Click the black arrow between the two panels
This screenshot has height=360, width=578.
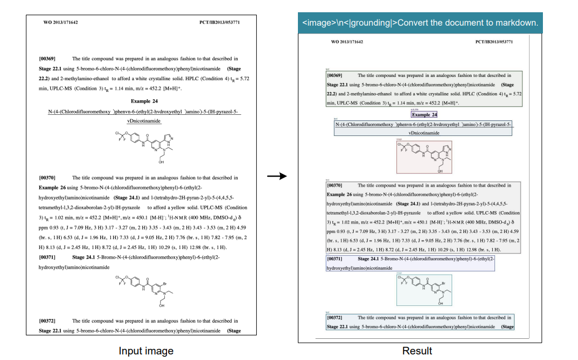pyautogui.click(x=276, y=177)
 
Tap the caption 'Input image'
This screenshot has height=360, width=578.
pyautogui.click(x=146, y=351)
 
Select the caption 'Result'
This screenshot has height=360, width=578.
pyautogui.click(x=417, y=351)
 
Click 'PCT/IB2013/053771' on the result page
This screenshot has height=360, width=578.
pyautogui.click(x=494, y=42)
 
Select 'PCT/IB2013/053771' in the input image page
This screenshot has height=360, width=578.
pyautogui.click(x=219, y=22)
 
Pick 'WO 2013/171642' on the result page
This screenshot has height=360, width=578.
pyautogui.click(x=347, y=42)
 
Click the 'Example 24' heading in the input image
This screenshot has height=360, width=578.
pyautogui.click(x=144, y=101)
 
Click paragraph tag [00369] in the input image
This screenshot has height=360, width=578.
pyautogui.click(x=47, y=59)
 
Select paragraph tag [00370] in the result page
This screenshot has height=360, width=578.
pyautogui.click(x=335, y=185)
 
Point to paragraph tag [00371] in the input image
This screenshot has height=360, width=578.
pyautogui.click(x=47, y=257)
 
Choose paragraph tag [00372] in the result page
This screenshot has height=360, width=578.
pyautogui.click(x=335, y=317)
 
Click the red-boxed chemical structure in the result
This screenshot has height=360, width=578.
pyautogui.click(x=424, y=157)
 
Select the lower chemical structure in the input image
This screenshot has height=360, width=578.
pyautogui.click(x=143, y=291)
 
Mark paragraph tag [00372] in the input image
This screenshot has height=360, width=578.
pyautogui.click(x=47, y=321)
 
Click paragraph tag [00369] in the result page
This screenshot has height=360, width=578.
pyautogui.click(x=335, y=75)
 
